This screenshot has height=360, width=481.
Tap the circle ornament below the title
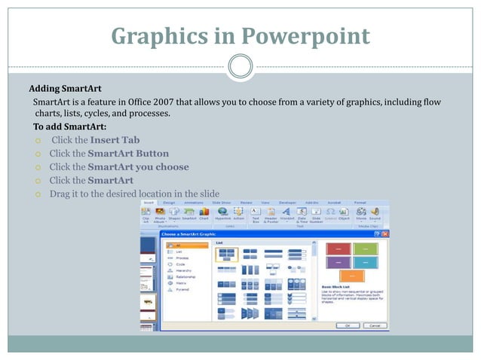point(240,66)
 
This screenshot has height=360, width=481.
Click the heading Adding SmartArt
point(65,88)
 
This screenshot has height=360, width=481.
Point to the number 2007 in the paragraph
point(166,102)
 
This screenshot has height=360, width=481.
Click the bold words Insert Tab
point(115,140)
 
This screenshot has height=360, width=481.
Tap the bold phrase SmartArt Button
point(128,154)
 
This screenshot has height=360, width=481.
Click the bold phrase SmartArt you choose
point(139,167)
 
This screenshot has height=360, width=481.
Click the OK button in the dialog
point(348,325)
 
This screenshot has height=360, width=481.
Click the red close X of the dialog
point(385,235)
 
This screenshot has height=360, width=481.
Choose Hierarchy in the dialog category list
point(185,270)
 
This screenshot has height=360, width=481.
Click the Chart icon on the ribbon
point(204,215)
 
